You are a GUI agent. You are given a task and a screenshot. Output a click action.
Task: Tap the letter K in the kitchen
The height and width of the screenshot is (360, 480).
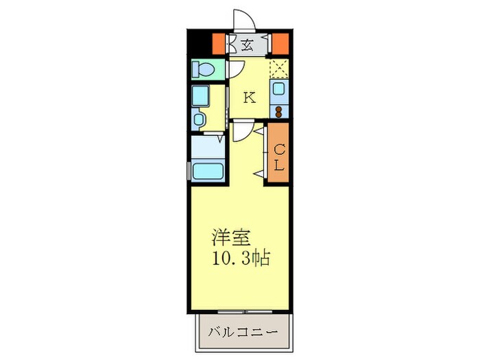[249, 97]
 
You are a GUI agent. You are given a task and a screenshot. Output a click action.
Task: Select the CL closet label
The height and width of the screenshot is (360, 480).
[280, 156]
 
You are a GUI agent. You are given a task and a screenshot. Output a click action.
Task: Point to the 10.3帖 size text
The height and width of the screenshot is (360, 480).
[240, 259]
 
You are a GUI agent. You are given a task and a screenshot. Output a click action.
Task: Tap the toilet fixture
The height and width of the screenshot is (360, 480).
[204, 69]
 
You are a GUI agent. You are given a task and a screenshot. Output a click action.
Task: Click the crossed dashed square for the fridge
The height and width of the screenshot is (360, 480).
[280, 69]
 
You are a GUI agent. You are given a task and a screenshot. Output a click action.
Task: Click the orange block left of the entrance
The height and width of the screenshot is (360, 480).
[218, 43]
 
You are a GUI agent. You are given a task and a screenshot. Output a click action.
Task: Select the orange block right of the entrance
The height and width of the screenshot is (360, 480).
[279, 43]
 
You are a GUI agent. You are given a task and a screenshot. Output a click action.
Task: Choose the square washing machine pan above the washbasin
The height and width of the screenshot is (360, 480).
[201, 95]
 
